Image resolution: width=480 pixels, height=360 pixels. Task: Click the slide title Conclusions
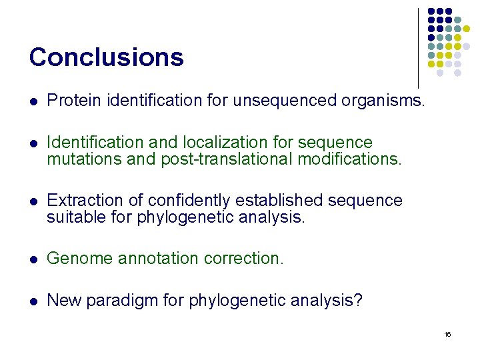click(106, 57)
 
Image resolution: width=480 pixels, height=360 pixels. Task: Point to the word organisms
click(383, 101)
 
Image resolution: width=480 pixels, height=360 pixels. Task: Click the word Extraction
click(80, 201)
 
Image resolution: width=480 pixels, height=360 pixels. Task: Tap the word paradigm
click(135, 301)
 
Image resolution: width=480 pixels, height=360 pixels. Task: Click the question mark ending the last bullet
click(358, 301)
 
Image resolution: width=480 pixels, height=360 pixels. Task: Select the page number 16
click(447, 334)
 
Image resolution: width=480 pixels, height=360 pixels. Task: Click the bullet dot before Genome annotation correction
click(33, 259)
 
